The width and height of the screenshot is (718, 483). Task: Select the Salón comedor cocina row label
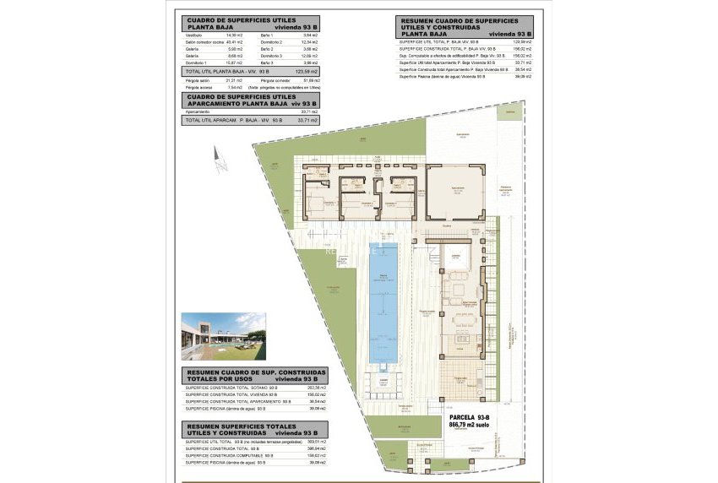pyautogui.click(x=204, y=41)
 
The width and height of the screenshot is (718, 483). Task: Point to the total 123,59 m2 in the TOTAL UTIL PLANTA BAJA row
pyautogui.click(x=307, y=72)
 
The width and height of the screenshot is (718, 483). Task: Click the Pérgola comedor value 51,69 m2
pyautogui.click(x=308, y=79)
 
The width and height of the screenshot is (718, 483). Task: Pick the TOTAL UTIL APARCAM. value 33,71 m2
pyautogui.click(x=308, y=121)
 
